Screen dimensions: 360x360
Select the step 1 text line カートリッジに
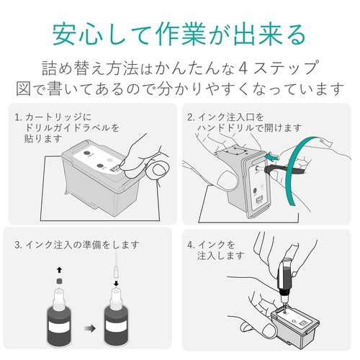click(x=55, y=117)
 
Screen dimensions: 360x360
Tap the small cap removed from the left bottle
click(x=59, y=282)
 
